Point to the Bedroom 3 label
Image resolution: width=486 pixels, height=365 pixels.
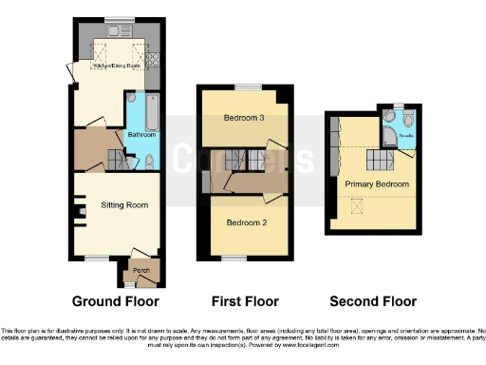244,118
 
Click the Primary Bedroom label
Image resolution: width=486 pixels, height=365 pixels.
377,183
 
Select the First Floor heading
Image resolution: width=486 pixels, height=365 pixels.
244,302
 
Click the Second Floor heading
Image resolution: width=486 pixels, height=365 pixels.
373,302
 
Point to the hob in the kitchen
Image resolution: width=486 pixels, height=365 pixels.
151,61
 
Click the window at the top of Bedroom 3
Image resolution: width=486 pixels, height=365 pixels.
248,86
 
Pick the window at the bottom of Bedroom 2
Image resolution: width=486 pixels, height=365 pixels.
232,259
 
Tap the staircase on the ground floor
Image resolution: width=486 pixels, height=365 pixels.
117,160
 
